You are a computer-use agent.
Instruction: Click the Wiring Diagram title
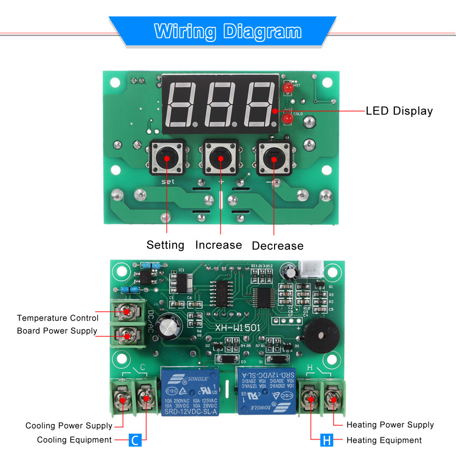[228, 31]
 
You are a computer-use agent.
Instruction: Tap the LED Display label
[399, 111]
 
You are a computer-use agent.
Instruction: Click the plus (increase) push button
[221, 158]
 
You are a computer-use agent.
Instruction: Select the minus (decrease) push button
[274, 158]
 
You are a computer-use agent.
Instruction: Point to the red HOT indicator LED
[288, 88]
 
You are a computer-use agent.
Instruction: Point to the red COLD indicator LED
[287, 119]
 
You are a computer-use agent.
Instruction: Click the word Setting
[165, 245]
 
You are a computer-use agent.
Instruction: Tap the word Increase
[218, 245]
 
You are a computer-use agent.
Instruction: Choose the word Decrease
[277, 246]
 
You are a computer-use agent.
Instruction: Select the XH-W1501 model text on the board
[238, 327]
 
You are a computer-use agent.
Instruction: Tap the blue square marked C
[135, 440]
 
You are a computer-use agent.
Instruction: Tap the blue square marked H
[326, 440]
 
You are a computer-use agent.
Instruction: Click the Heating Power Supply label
[390, 425]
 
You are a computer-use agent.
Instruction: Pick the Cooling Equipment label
[74, 440]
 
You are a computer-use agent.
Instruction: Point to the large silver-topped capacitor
[169, 327]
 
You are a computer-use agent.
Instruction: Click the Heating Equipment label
[384, 440]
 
